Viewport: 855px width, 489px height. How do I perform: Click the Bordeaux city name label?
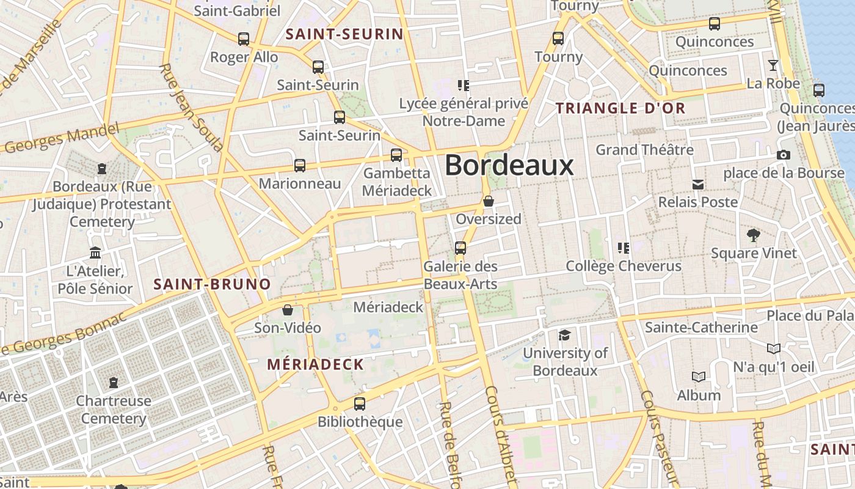(x=509, y=165)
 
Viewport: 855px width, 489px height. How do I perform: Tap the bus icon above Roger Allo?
(x=244, y=39)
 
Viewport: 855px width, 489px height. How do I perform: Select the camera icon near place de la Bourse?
(x=784, y=155)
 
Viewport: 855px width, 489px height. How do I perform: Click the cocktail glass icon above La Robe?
(x=773, y=65)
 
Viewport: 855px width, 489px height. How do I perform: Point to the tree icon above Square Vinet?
(x=754, y=235)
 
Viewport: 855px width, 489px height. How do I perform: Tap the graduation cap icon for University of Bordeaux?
(x=565, y=335)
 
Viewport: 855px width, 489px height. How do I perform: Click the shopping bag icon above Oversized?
(x=489, y=200)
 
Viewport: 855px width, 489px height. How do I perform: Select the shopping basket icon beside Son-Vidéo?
(x=288, y=310)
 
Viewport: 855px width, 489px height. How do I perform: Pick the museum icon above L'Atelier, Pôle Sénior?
(x=95, y=252)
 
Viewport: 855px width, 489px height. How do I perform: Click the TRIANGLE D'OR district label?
(x=620, y=109)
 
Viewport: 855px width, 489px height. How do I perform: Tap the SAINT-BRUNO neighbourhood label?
(x=212, y=284)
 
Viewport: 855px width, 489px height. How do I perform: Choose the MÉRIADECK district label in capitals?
(x=316, y=365)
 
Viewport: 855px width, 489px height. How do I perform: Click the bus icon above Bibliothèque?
(x=360, y=404)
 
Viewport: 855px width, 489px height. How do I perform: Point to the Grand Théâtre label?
(x=644, y=150)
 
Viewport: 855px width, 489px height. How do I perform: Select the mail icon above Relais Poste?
(x=698, y=184)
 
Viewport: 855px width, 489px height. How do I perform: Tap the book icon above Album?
(x=699, y=377)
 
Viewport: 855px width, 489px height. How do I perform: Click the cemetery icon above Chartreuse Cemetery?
(x=113, y=383)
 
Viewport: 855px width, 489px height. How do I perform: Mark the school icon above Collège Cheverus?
(x=623, y=248)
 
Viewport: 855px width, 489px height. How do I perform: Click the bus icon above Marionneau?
(x=300, y=166)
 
